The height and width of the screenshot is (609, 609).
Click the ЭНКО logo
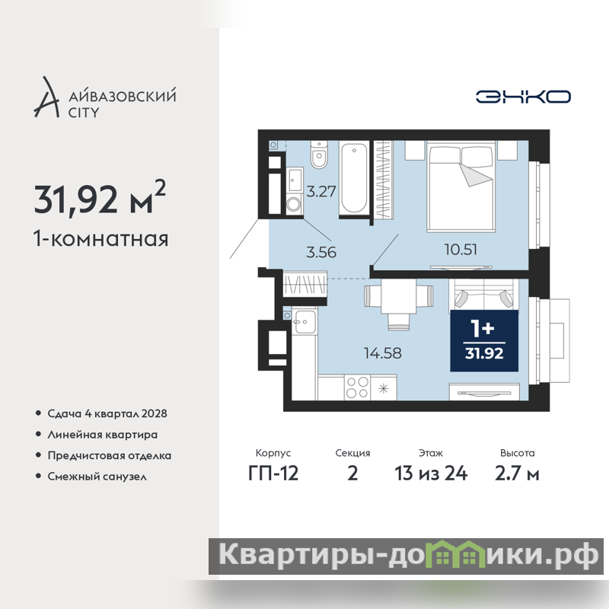(523, 97)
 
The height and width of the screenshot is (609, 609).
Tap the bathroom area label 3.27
(320, 192)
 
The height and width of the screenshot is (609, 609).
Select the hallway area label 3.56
(320, 252)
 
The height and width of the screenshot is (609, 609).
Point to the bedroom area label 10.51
(461, 250)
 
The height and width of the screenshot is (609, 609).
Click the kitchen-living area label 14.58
(383, 353)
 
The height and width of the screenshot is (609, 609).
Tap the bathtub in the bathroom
(353, 177)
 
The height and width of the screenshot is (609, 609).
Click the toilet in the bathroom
(319, 155)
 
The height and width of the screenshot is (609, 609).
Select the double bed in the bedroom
(461, 187)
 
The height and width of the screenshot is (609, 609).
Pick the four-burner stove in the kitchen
(357, 387)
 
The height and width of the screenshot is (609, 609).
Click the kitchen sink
(304, 320)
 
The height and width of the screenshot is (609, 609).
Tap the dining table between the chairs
(398, 297)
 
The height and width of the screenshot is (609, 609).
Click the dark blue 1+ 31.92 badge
(484, 340)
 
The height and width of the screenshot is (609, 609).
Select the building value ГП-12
(273, 473)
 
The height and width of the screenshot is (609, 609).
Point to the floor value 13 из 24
(431, 473)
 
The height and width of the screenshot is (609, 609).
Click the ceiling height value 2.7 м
(517, 473)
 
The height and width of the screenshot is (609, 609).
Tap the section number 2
(352, 473)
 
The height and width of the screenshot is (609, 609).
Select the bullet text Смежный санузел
(97, 477)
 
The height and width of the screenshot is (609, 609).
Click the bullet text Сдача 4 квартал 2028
(107, 413)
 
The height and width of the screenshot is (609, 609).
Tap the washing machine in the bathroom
(295, 204)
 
